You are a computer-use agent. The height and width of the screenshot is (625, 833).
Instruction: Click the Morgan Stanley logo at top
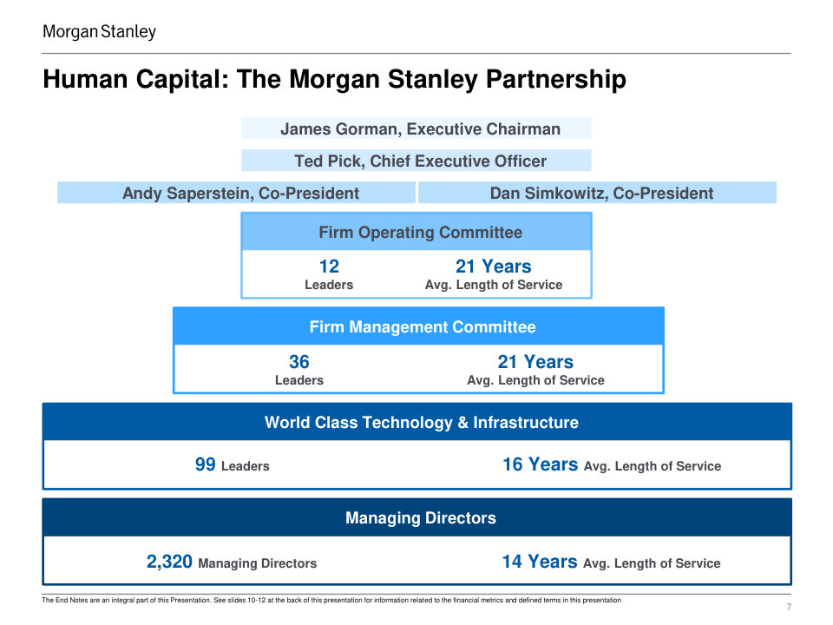[x=100, y=32]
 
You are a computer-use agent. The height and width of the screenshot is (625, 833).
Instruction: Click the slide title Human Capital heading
[x=334, y=80]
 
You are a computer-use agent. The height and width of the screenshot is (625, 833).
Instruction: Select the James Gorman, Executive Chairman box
[x=416, y=129]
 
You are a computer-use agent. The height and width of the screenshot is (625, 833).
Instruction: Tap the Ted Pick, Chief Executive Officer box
[x=416, y=161]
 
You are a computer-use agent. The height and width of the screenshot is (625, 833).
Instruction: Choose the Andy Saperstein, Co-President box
[x=237, y=193]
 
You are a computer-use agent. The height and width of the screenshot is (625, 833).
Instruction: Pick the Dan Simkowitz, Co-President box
[x=598, y=193]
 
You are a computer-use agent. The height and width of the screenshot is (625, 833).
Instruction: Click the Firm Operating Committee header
[x=416, y=232]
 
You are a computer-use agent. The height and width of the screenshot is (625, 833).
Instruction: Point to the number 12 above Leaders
[x=329, y=266]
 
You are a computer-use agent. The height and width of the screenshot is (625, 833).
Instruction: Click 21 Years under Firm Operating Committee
[x=493, y=266]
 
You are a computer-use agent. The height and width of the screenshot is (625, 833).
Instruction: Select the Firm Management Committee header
[x=419, y=326]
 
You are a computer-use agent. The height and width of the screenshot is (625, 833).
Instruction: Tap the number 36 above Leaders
[x=298, y=362]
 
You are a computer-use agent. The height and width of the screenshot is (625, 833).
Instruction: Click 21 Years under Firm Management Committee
[x=535, y=362]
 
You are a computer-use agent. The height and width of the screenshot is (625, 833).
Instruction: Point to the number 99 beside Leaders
[x=206, y=464]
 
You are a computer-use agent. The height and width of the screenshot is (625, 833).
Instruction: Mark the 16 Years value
[x=540, y=464]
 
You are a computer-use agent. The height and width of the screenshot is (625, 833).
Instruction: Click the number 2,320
[x=169, y=562]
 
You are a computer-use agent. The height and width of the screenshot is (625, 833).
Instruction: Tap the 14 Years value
[x=539, y=562]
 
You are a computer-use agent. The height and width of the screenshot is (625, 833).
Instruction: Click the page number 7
[x=788, y=607]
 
